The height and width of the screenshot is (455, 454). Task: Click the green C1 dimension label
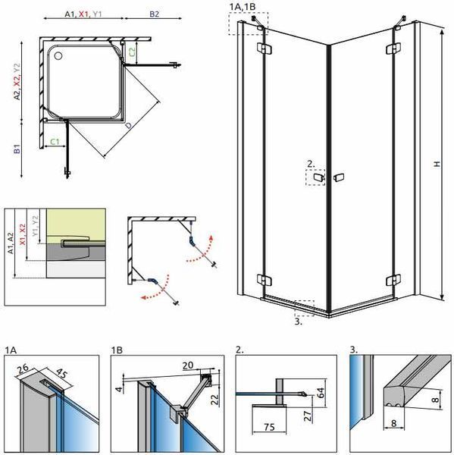click(55, 142)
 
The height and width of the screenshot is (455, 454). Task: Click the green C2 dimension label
click(132, 52)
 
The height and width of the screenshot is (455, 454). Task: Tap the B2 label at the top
click(155, 14)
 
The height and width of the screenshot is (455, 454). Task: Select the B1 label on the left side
click(17, 149)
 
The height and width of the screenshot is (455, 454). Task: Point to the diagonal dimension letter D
click(128, 125)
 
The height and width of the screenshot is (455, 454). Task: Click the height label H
click(437, 164)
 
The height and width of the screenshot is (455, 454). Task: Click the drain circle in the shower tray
click(58, 55)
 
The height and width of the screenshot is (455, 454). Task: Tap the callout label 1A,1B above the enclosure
click(243, 7)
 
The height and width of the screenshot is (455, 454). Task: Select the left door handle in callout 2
click(318, 177)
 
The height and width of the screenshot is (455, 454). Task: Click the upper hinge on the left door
click(265, 49)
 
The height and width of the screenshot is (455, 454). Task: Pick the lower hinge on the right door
click(393, 281)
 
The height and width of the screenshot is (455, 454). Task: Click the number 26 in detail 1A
click(23, 369)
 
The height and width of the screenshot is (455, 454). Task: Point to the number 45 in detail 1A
click(61, 373)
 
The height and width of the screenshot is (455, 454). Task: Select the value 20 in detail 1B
click(188, 365)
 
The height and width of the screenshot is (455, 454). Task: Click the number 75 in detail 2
click(269, 427)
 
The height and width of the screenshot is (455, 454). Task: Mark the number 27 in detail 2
click(308, 416)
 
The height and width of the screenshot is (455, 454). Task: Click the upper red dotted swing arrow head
click(211, 237)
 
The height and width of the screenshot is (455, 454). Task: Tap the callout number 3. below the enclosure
click(298, 322)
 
